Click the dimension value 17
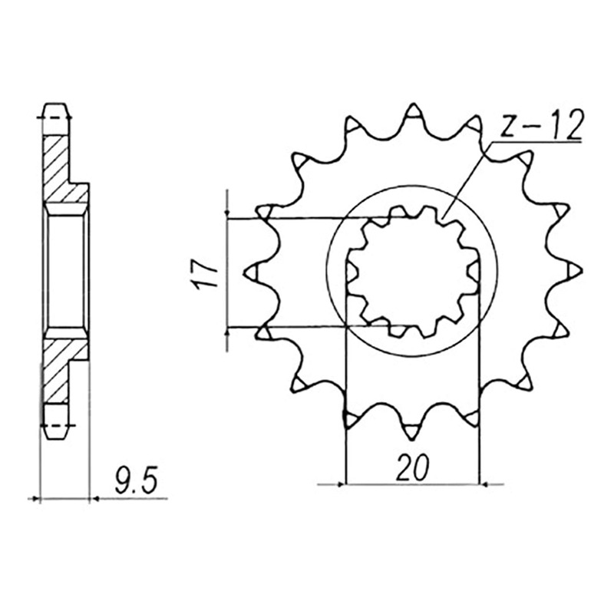tap(207, 274)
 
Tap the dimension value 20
tap(412, 467)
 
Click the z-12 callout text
tap(543, 124)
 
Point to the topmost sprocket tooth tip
tap(413, 105)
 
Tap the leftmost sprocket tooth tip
tap(245, 272)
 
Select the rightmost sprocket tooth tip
tap(582, 271)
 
